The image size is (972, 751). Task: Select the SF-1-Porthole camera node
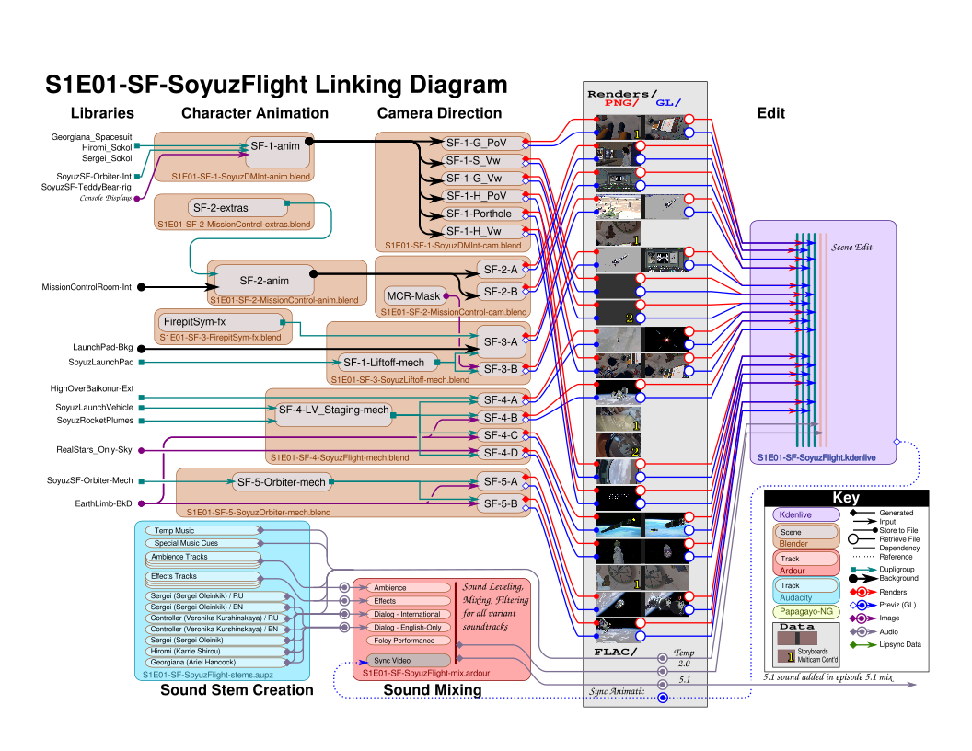pyautogui.click(x=478, y=214)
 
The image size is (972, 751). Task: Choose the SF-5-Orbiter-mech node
pyautogui.click(x=281, y=481)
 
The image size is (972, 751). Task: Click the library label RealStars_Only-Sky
pyautogui.click(x=94, y=450)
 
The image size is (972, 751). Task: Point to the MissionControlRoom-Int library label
pyautogui.click(x=87, y=287)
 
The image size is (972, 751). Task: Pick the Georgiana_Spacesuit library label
pyautogui.click(x=92, y=136)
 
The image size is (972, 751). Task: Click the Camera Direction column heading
pyautogui.click(x=439, y=113)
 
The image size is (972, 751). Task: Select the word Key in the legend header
pyautogui.click(x=846, y=498)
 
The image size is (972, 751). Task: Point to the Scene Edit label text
pyautogui.click(x=851, y=248)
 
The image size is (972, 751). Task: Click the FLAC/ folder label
pyautogui.click(x=613, y=652)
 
